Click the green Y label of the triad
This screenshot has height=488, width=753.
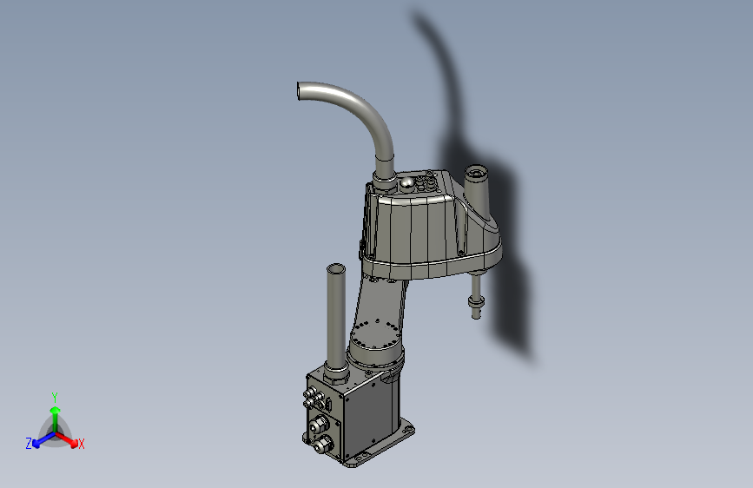click(x=55, y=395)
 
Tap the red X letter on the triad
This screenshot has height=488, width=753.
click(x=82, y=445)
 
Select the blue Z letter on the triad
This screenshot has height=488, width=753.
click(x=29, y=443)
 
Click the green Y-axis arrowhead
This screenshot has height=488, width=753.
click(x=55, y=409)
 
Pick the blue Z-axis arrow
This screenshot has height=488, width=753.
click(x=40, y=438)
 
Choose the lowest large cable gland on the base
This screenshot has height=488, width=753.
click(x=323, y=445)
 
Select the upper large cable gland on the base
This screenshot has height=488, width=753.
click(x=318, y=425)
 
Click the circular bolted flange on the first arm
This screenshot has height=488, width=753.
click(x=375, y=333)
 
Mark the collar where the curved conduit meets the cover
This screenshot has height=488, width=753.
click(x=384, y=178)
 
